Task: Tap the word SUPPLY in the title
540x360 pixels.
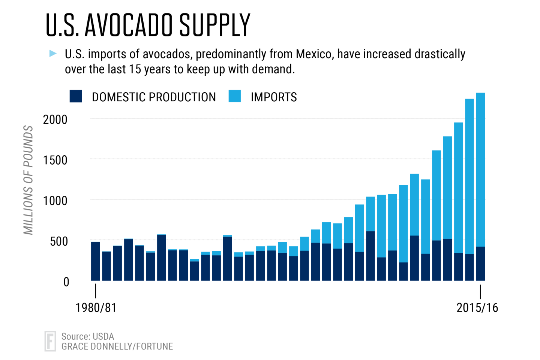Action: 214,25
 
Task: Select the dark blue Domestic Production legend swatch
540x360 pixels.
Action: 76,96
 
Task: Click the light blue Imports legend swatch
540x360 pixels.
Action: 235,96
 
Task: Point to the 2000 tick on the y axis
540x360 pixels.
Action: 55,120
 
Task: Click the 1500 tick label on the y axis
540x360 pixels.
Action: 55,160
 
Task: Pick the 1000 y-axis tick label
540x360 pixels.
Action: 55,201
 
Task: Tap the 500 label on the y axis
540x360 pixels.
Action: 59,241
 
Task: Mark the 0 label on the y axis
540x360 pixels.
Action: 66,282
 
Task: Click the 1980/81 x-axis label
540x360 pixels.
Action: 96,308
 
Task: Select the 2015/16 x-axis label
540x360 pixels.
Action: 477,308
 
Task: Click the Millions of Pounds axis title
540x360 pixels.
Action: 28,180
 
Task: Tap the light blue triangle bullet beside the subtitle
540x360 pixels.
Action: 53,54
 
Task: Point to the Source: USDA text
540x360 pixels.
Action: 88,336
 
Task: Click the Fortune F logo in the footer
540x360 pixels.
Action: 50,341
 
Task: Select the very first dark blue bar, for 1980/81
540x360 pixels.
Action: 96,261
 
